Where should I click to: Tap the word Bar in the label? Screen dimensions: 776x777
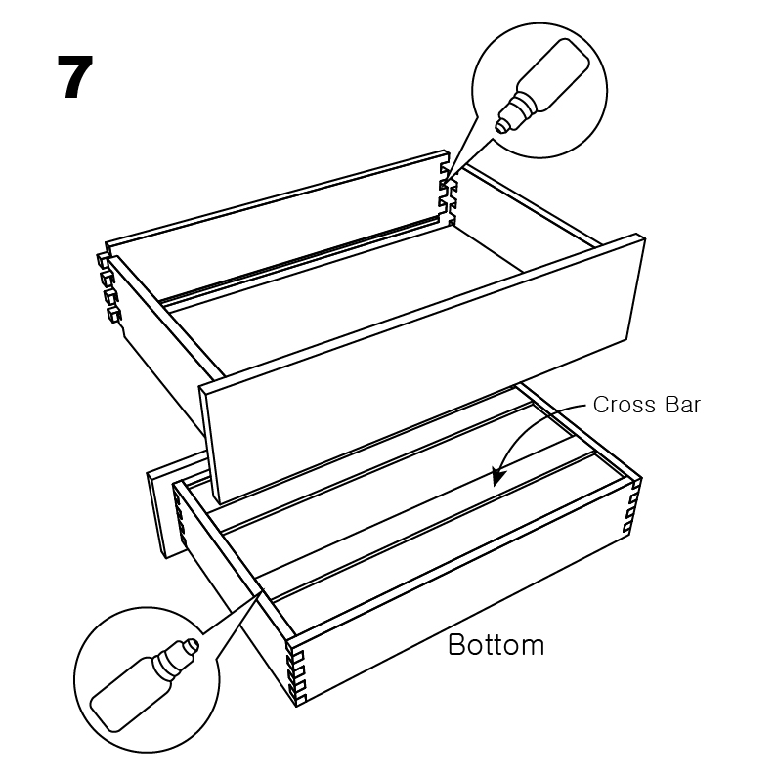point(682,405)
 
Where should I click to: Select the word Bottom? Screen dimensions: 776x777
point(496,645)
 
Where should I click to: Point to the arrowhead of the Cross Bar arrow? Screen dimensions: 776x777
point(498,476)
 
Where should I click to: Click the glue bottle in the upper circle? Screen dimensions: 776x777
point(543,86)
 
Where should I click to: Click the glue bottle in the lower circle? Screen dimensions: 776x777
point(145,685)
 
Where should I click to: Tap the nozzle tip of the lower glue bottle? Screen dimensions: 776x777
point(194,645)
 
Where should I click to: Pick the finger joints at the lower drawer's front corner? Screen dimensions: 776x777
point(295,674)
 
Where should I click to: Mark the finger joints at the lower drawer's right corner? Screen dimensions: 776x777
point(632,507)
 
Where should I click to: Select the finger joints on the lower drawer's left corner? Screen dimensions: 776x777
point(181,520)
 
